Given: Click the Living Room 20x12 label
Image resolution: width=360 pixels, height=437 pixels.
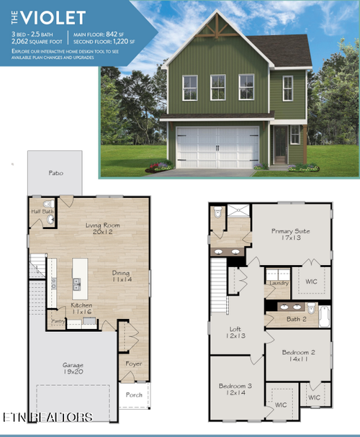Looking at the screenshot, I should pos(103,229).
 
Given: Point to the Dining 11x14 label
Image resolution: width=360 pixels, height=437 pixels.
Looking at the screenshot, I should pos(121,277).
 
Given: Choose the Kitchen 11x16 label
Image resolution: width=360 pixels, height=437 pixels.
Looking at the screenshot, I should pos(81,309).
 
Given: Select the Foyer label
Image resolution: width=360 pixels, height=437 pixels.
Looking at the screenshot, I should pos(135,364).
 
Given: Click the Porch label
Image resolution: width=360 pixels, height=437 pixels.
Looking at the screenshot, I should pos(134,395).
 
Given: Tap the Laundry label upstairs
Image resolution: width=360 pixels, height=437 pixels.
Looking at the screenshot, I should pos(277,283).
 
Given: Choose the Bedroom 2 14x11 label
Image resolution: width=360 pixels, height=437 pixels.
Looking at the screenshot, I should pos(298,356).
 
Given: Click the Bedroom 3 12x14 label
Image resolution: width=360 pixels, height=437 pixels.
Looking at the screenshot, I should pos(235,389).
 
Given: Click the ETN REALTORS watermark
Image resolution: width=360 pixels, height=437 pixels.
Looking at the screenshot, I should pos(47,418).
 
